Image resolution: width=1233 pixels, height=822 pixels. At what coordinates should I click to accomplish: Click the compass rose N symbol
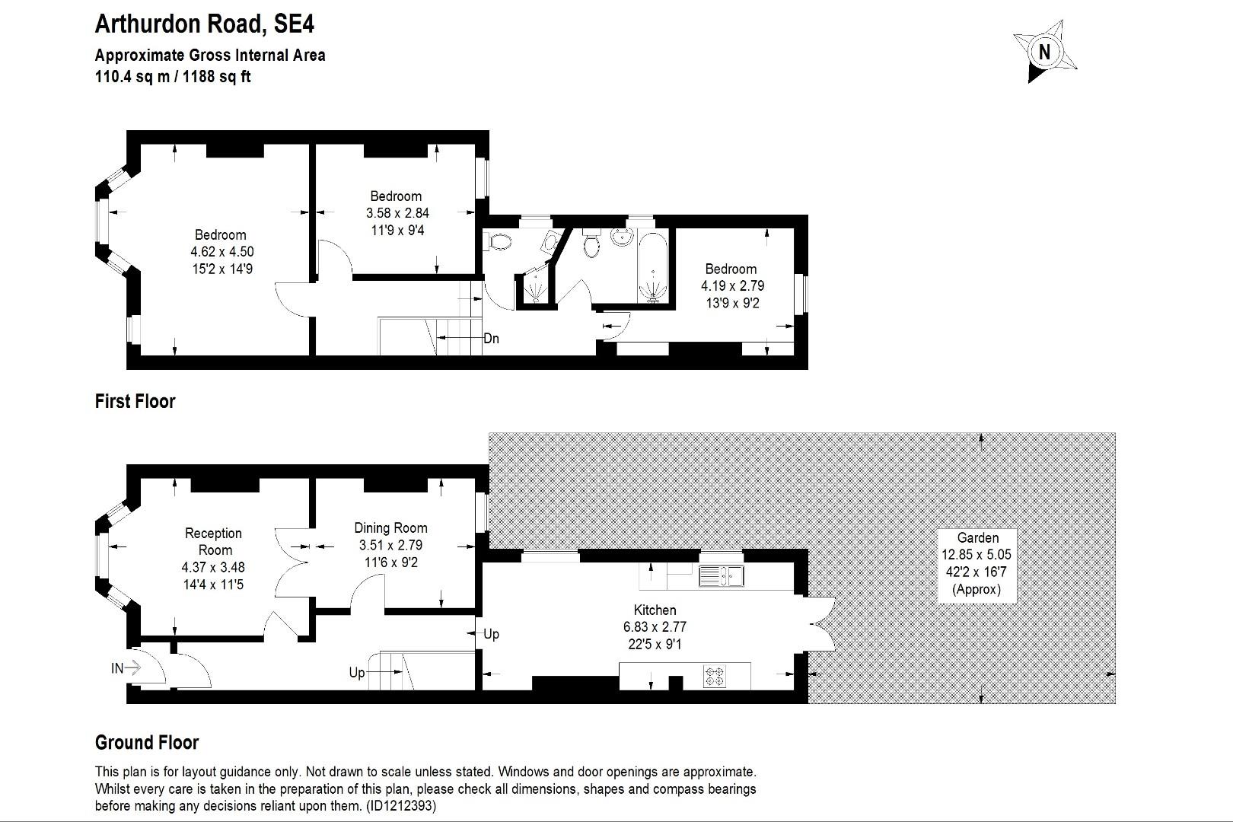click(x=1045, y=52)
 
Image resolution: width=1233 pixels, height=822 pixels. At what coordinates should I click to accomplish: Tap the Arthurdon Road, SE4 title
click(x=204, y=24)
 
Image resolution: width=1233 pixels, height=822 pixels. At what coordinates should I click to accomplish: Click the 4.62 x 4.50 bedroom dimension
click(x=221, y=251)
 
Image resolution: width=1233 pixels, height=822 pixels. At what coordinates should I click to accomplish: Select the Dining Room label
click(x=390, y=527)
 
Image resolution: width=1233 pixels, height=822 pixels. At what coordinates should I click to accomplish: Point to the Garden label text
click(x=977, y=537)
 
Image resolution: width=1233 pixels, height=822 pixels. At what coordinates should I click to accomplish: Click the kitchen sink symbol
click(x=721, y=576)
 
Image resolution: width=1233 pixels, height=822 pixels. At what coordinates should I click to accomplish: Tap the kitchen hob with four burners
click(x=715, y=676)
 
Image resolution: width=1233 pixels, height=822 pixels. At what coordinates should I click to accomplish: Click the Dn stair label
click(x=492, y=338)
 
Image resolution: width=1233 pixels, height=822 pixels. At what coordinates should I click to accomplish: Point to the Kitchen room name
click(x=655, y=610)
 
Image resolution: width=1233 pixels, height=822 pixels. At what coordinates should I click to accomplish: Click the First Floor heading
click(x=135, y=401)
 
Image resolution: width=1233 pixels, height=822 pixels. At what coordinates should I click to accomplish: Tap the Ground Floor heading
click(x=146, y=742)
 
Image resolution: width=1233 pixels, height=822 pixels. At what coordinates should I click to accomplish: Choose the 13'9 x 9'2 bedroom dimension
click(x=731, y=303)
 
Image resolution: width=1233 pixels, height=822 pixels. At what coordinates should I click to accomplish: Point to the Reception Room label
click(x=213, y=541)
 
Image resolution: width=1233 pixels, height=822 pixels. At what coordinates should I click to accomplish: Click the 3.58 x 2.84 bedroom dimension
click(x=396, y=213)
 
